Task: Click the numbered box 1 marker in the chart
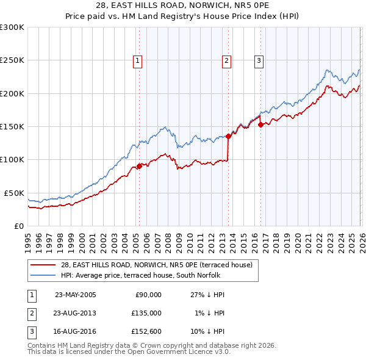click(x=138, y=60)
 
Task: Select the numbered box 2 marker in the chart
click(x=226, y=60)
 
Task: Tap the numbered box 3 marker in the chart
click(x=259, y=60)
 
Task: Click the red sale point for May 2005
click(x=139, y=166)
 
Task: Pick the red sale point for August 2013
click(x=228, y=136)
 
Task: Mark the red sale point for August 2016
click(x=260, y=124)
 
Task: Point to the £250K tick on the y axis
click(x=12, y=60)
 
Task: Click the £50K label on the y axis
click(x=14, y=193)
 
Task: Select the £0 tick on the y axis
click(x=18, y=226)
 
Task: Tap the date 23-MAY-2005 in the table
click(x=76, y=294)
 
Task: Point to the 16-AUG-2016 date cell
click(x=76, y=332)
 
